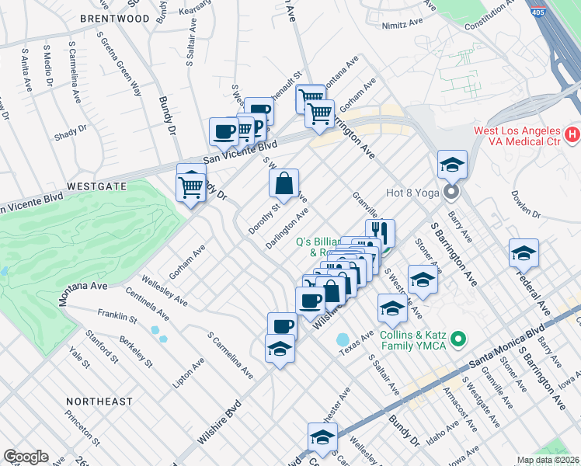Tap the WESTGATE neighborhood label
[x=96, y=187]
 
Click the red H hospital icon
[x=573, y=135]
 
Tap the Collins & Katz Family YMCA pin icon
[x=458, y=339]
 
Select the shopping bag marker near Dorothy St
[x=284, y=184]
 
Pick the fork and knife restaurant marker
[x=380, y=231]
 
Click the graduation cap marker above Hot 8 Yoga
[x=452, y=165]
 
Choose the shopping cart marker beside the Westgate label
[x=191, y=186]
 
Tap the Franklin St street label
[x=117, y=317]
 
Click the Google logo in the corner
[x=26, y=457]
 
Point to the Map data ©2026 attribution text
[x=548, y=460]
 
